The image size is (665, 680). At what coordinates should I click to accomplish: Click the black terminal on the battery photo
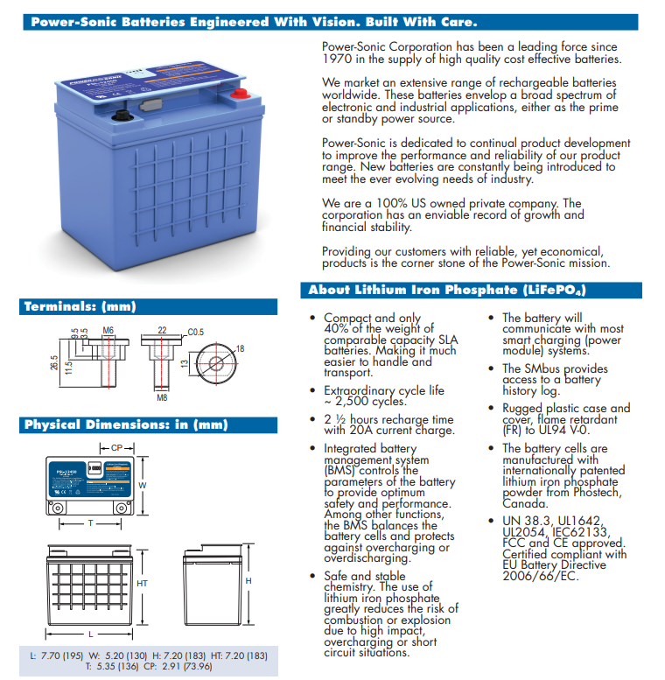click(x=125, y=113)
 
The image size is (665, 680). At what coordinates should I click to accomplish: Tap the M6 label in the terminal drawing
click(x=108, y=330)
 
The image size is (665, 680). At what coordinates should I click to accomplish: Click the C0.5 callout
click(x=196, y=332)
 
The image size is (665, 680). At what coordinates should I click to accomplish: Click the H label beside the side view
click(x=248, y=581)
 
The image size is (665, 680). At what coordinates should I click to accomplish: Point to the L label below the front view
click(x=90, y=632)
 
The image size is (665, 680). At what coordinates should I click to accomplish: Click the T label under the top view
click(x=89, y=523)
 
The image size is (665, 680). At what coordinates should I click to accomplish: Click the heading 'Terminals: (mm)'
click(x=80, y=306)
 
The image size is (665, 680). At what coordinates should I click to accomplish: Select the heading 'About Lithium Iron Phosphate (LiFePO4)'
click(x=446, y=290)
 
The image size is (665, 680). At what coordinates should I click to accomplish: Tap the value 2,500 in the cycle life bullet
click(x=353, y=402)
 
